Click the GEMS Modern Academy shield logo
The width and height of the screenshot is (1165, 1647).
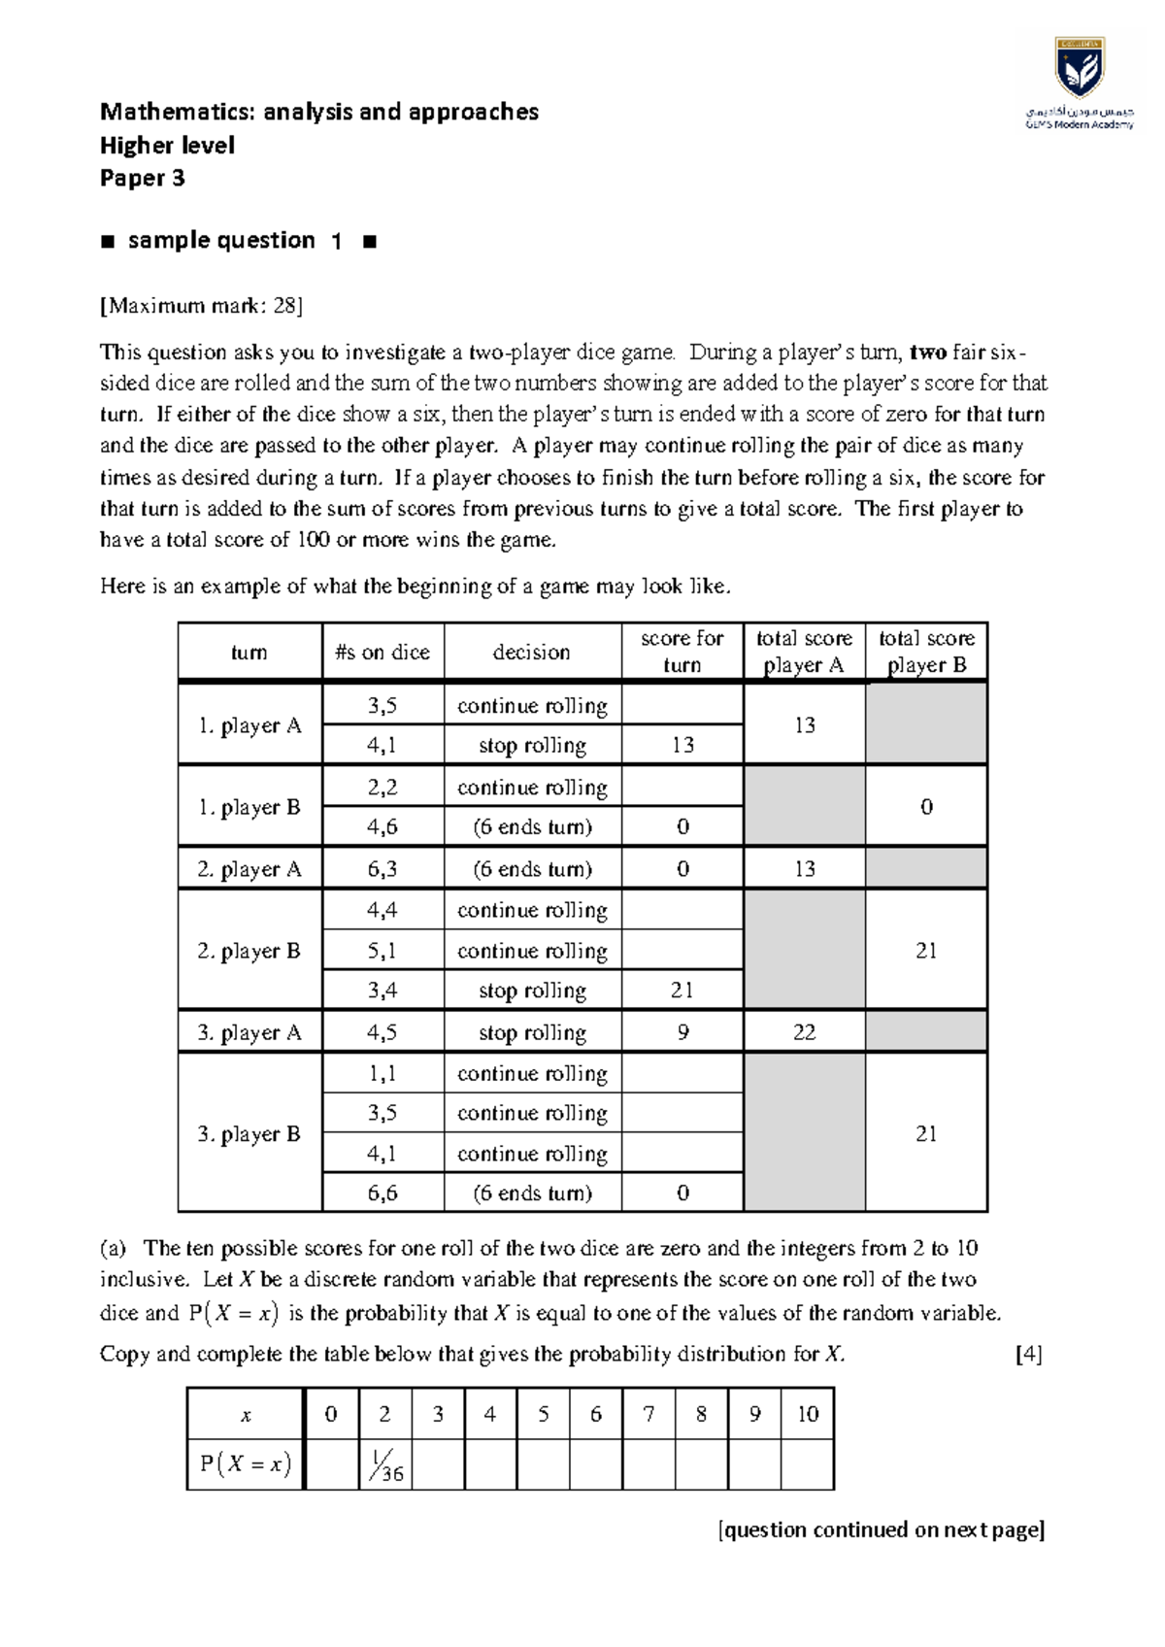1079,69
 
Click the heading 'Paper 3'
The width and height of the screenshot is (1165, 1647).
143,179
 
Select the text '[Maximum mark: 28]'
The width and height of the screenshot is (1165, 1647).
201,306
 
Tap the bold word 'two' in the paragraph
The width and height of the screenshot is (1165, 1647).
928,352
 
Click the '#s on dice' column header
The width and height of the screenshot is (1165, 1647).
383,653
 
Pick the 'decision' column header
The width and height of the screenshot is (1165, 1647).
531,653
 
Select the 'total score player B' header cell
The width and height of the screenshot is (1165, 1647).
926,652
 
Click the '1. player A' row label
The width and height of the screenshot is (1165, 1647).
250,725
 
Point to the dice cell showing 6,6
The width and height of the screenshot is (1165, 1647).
383,1193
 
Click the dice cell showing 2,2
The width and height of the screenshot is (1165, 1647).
383,788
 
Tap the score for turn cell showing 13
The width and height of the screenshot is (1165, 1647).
682,745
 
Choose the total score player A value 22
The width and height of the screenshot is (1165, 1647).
804,1032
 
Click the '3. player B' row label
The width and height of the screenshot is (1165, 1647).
250,1134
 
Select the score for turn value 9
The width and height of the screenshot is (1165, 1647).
682,1032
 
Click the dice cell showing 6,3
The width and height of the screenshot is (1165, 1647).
383,869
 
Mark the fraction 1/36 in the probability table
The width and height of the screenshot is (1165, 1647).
385,1465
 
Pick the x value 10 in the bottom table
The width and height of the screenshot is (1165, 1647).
807,1414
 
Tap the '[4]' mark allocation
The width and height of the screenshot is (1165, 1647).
1028,1354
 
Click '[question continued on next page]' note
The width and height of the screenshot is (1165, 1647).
881,1530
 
